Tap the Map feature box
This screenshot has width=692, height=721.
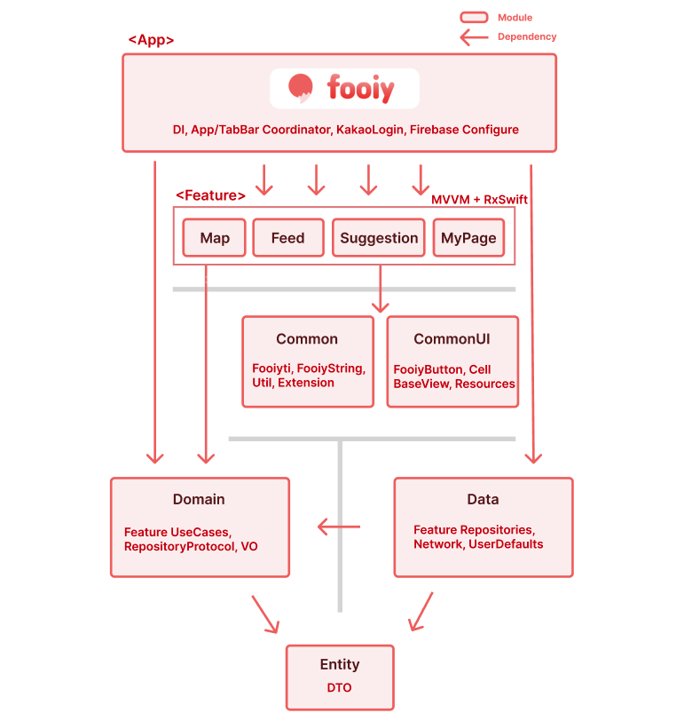tap(214, 238)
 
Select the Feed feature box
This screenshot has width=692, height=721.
tap(287, 238)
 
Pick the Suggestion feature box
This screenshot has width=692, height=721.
tap(379, 238)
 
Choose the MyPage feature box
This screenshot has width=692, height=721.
tap(468, 238)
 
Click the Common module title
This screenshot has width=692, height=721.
tap(307, 338)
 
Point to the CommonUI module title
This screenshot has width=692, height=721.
tap(452, 338)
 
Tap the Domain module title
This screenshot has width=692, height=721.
tap(199, 499)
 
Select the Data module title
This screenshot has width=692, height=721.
tap(483, 499)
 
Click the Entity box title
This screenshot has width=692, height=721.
tap(340, 664)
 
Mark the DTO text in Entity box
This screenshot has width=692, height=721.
tap(340, 687)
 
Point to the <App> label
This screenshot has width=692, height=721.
tap(151, 40)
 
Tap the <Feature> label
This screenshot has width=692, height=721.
tap(210, 195)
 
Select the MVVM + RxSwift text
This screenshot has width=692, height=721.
tap(479, 200)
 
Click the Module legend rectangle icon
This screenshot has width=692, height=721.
tap(474, 17)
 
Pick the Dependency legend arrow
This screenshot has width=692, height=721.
tap(474, 37)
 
